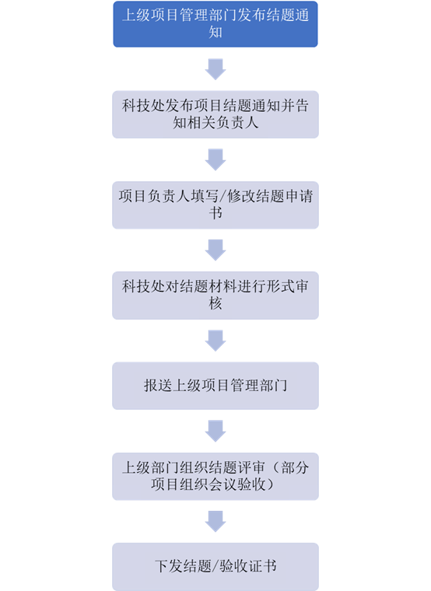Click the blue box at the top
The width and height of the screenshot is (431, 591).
pyautogui.click(x=215, y=24)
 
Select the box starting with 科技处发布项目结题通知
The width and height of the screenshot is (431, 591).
pyautogui.click(x=215, y=114)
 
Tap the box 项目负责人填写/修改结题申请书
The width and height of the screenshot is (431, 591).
pyautogui.click(x=215, y=205)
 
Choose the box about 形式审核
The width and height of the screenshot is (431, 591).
pyautogui.click(x=215, y=295)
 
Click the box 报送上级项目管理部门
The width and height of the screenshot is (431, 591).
pyautogui.click(x=215, y=386)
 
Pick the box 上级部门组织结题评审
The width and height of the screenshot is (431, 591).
pyautogui.click(x=215, y=477)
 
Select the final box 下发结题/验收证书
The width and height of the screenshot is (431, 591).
pyautogui.click(x=215, y=566)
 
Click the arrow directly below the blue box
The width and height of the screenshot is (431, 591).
pyautogui.click(x=215, y=69)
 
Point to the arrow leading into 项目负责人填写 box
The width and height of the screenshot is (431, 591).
pyautogui.click(x=215, y=160)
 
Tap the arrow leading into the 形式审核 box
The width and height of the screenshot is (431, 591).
pyautogui.click(x=215, y=250)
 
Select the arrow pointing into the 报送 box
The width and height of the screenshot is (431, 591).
pyautogui.click(x=215, y=341)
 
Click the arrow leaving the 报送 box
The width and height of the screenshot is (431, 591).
pyautogui.click(x=215, y=431)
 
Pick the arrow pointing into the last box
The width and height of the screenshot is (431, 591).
pyautogui.click(x=215, y=521)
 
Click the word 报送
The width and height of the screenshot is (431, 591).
pyautogui.click(x=158, y=386)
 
